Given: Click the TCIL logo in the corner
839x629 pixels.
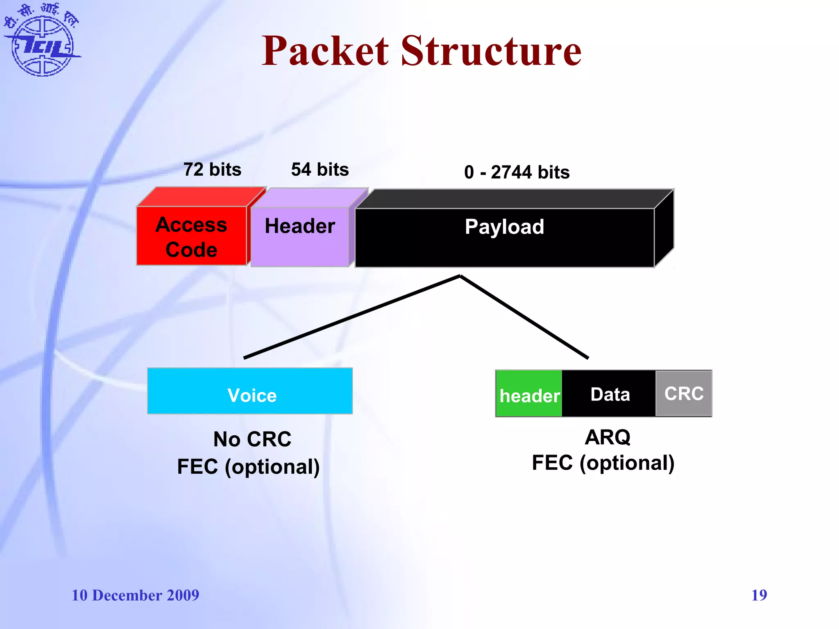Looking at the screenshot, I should pyautogui.click(x=42, y=41).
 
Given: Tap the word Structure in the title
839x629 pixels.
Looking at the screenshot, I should pyautogui.click(x=491, y=51).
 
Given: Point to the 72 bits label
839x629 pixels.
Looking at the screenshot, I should pyautogui.click(x=212, y=170).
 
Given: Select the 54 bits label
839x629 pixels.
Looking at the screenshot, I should pyautogui.click(x=320, y=170).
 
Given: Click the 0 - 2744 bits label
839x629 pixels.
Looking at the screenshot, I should pyautogui.click(x=517, y=172).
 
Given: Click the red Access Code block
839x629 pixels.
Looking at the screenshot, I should pyautogui.click(x=191, y=237).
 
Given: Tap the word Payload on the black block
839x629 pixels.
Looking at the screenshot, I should pyautogui.click(x=504, y=227).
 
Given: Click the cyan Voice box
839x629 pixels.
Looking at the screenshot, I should pyautogui.click(x=250, y=391).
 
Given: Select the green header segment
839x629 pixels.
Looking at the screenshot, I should pyautogui.click(x=529, y=394).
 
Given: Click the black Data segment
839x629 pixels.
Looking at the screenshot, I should pyautogui.click(x=610, y=394).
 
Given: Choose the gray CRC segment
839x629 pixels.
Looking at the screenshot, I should pyautogui.click(x=684, y=394).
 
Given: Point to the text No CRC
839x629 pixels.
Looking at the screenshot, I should pyautogui.click(x=252, y=439).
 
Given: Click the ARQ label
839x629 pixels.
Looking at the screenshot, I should pyautogui.click(x=608, y=437).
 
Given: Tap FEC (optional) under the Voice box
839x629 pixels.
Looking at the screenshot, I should pyautogui.click(x=248, y=467).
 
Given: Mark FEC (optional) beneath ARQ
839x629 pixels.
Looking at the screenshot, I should pyautogui.click(x=603, y=463).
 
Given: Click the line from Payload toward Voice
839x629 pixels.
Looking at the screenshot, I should pyautogui.click(x=352, y=317).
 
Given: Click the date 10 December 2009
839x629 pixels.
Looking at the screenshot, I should pyautogui.click(x=135, y=595).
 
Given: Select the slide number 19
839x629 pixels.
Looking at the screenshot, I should pyautogui.click(x=759, y=595).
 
